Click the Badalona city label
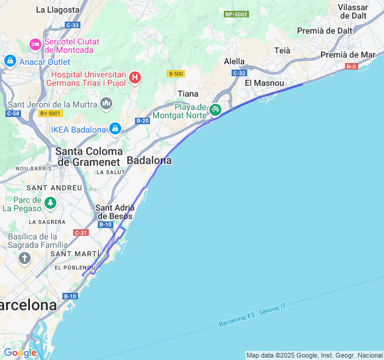pyautogui.click(x=149, y=161)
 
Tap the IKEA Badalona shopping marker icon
pyautogui.click(x=115, y=129)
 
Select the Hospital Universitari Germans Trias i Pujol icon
pyautogui.click(x=135, y=77)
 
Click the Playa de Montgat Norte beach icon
pyautogui.click(x=215, y=110)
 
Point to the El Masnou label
pyautogui.click(x=265, y=83)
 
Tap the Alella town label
pyautogui.click(x=234, y=61)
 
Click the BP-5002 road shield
pyautogui.click(x=236, y=14)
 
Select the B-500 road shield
pyautogui.click(x=176, y=74)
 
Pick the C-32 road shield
pyautogui.click(x=239, y=73)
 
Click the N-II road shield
pyautogui.click(x=352, y=66)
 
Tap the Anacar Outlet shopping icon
pyautogui.click(x=10, y=61)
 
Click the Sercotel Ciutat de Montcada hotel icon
pyautogui.click(x=35, y=44)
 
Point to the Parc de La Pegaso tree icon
pyautogui.click(x=50, y=203)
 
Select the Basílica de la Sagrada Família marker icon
pyautogui.click(x=25, y=259)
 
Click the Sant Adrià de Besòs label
pyautogui.click(x=115, y=212)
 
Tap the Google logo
pyautogui.click(x=20, y=353)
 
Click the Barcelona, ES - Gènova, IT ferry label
pyautogui.click(x=252, y=314)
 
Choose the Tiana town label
pyautogui.click(x=188, y=93)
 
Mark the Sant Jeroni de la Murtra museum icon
pyautogui.click(x=107, y=104)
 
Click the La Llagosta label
pyautogui.click(x=58, y=10)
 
